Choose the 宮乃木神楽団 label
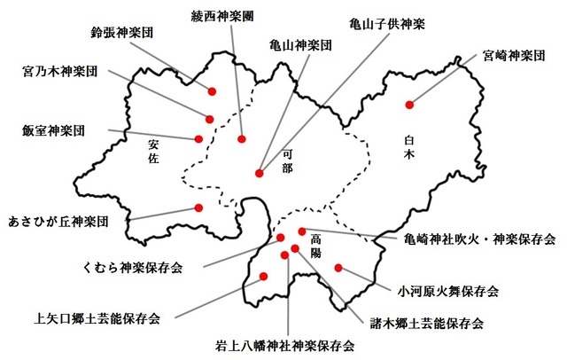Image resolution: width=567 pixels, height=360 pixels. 59,69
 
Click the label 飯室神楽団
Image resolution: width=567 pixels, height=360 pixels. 54,129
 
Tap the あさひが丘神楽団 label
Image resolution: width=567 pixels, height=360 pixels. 58,219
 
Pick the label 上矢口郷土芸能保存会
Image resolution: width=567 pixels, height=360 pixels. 97,317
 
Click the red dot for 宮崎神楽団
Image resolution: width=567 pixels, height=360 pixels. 409,105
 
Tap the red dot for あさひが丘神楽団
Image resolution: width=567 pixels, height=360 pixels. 199,209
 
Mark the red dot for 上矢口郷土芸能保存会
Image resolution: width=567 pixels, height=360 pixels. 262,280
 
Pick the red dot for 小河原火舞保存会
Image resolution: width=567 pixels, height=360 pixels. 338,267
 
